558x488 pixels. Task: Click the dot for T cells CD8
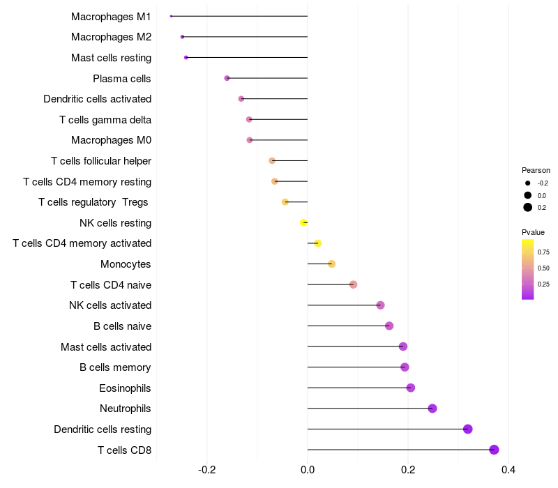click(x=494, y=450)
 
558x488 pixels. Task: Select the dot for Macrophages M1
click(x=171, y=16)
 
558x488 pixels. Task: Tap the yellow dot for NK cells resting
click(x=303, y=222)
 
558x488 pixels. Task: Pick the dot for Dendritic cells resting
click(x=467, y=429)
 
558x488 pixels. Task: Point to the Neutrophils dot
click(x=432, y=409)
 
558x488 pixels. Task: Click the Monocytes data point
click(x=332, y=264)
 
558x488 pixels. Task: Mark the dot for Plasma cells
click(x=227, y=78)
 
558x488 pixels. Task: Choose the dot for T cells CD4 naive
click(x=353, y=284)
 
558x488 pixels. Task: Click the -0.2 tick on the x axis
click(x=206, y=470)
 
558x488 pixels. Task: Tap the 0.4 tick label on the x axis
click(x=508, y=470)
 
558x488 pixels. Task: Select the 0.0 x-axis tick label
click(x=308, y=470)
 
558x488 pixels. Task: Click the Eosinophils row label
click(x=125, y=388)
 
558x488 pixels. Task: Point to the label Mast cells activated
click(x=106, y=346)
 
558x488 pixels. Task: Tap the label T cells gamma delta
click(x=105, y=120)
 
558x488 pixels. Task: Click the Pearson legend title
click(x=536, y=170)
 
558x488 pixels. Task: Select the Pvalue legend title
click(x=533, y=232)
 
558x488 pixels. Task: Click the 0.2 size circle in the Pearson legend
click(x=528, y=207)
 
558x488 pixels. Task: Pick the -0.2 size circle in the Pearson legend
click(x=528, y=183)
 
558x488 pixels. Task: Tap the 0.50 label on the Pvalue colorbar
click(x=543, y=268)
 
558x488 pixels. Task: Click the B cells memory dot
click(x=405, y=367)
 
